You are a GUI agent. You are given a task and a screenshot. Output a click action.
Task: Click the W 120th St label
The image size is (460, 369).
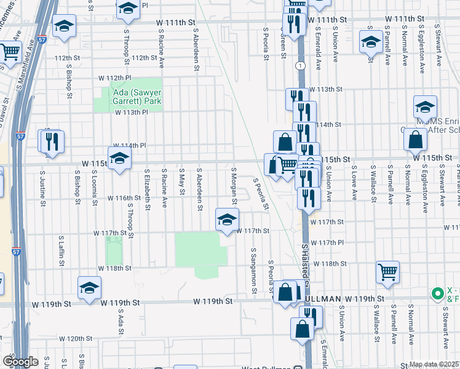(79, 338)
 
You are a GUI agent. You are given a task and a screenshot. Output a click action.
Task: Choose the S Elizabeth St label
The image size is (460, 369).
(147, 189)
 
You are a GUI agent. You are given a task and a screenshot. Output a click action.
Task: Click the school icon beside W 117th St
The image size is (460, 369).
(227, 219)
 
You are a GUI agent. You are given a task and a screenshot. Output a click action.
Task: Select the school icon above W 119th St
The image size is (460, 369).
(89, 287)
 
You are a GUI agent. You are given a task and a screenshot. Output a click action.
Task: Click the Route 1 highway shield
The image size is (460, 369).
(299, 65)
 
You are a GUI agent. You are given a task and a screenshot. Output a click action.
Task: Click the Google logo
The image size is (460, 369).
(20, 362)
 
